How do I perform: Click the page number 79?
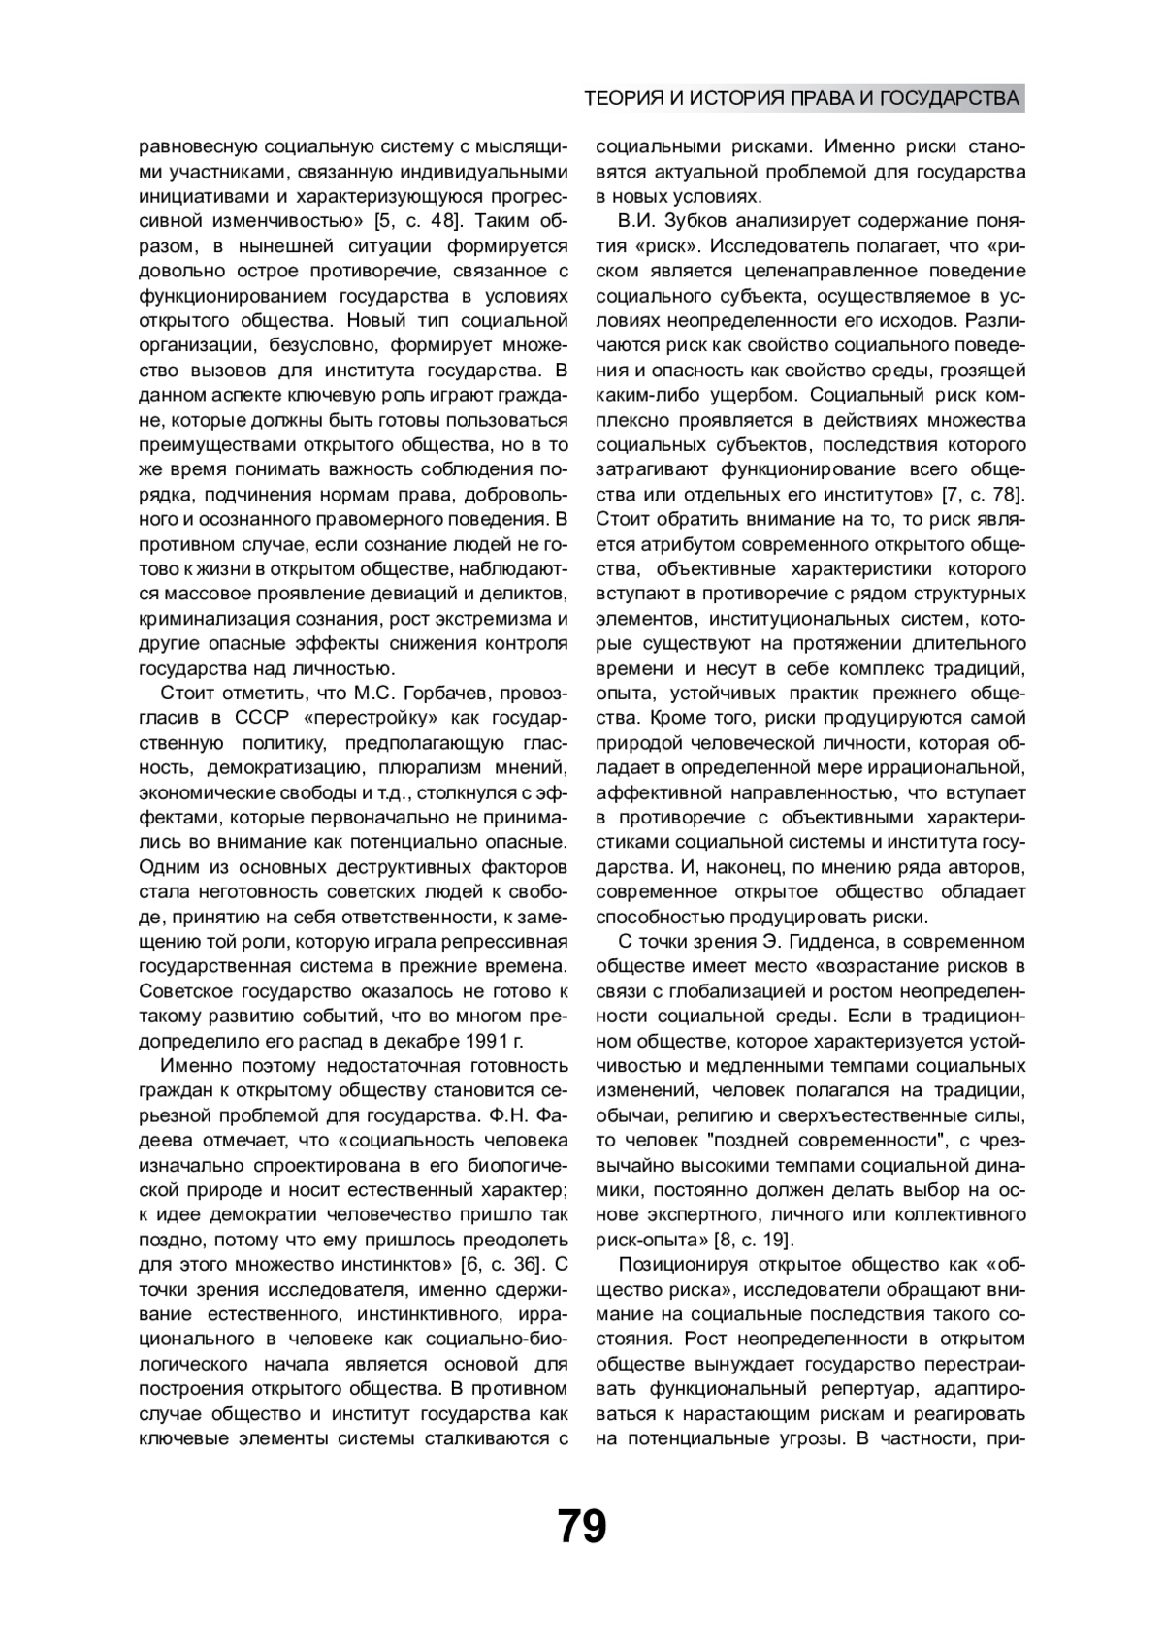click(582, 1526)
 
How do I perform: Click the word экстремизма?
click(497, 618)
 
